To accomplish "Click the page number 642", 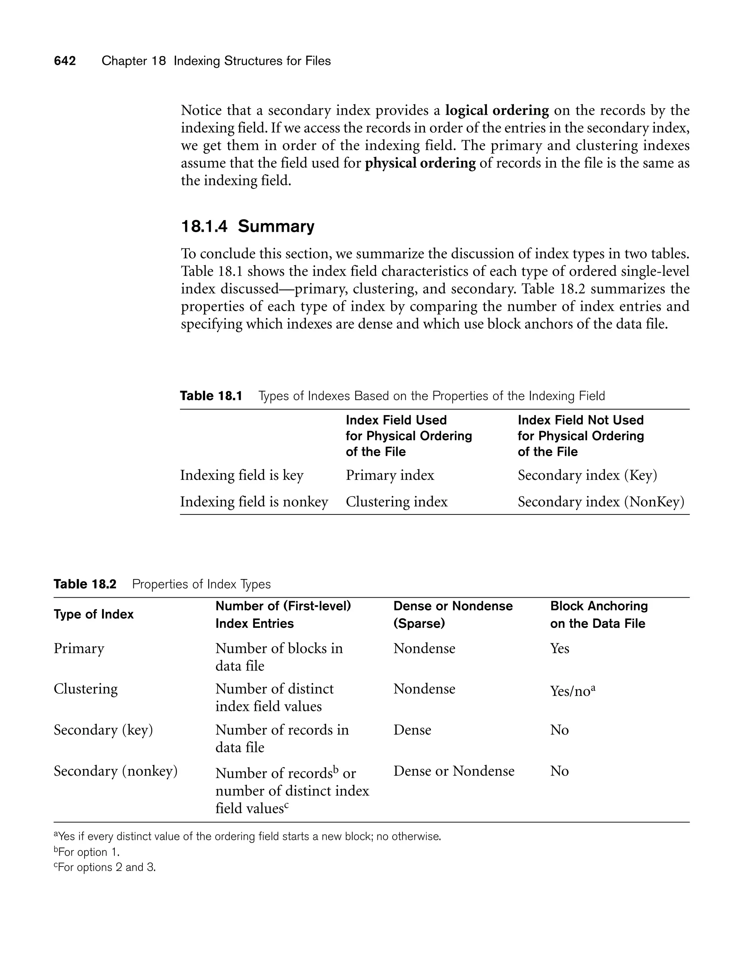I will click(65, 61).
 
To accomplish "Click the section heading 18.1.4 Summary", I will click(247, 227).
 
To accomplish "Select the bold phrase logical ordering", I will click(497, 110).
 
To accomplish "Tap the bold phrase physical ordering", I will click(420, 163).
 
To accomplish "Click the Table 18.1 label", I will click(211, 396).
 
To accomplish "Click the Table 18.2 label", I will click(85, 584).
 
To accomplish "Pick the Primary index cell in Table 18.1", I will click(390, 475).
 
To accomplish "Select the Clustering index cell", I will click(397, 502).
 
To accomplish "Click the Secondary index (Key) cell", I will click(587, 475).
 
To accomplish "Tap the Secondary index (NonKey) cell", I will click(601, 502).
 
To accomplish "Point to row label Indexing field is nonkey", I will click(254, 502).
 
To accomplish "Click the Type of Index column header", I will click(93, 614).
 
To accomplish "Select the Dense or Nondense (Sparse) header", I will click(452, 615).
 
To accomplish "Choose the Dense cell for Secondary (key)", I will click(412, 730).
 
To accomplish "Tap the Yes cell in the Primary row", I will click(559, 649).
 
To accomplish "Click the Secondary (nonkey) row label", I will click(115, 771).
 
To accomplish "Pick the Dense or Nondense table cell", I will click(454, 771).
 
